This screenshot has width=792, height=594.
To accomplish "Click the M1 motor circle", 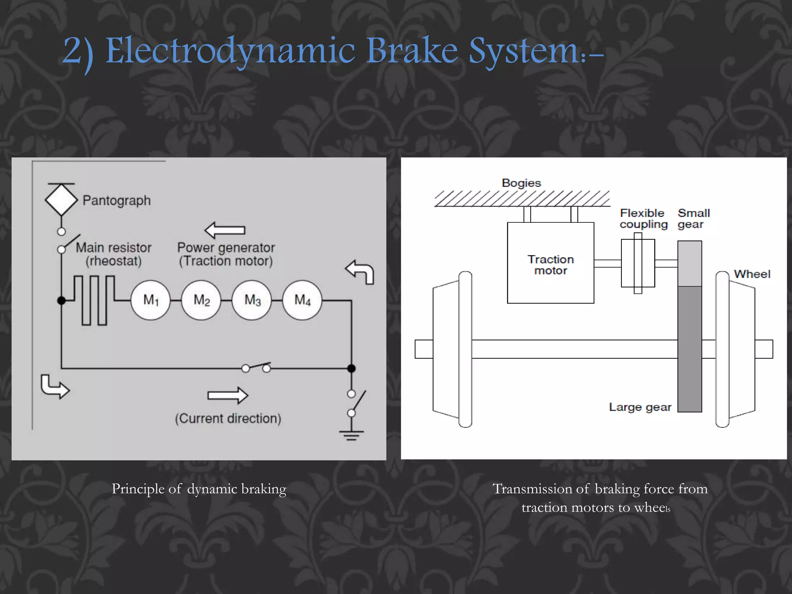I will click(150, 300).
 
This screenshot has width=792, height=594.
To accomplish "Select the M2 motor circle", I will click(201, 300).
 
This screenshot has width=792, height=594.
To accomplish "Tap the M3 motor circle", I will click(252, 300).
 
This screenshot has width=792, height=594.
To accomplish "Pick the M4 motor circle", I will click(302, 300).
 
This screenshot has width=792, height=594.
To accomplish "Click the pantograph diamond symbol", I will click(61, 200).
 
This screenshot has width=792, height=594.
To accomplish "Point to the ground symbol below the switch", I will click(351, 435).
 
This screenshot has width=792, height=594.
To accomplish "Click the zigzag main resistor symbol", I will click(94, 300).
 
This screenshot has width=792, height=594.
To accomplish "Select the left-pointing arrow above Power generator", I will click(225, 230).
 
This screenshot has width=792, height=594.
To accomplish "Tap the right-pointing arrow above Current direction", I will click(228, 395).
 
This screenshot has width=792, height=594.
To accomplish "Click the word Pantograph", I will click(116, 200).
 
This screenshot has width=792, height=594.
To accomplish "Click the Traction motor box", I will click(550, 263).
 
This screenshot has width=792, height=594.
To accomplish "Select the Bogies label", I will click(521, 183).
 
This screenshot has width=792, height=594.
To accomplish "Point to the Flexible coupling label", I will click(643, 218).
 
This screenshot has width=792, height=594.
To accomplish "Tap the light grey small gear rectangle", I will click(690, 263).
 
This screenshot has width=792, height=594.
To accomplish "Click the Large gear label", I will click(640, 407).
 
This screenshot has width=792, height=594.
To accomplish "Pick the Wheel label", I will click(752, 274).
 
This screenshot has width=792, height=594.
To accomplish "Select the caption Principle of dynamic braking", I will click(199, 489).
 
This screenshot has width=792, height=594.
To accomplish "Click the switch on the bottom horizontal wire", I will click(256, 367).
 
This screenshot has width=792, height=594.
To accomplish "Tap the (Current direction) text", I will click(228, 418).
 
